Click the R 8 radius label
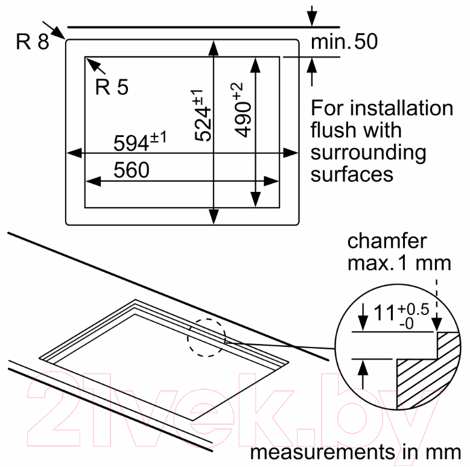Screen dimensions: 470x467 point(33,42)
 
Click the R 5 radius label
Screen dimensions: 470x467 point(112,87)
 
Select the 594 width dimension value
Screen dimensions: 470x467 point(131,143)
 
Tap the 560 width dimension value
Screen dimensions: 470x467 point(132,170)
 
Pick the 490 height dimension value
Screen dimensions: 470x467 point(243,119)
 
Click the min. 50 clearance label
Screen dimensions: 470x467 point(344,42)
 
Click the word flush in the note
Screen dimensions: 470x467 point(334,130)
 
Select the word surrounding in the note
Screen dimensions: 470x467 point(368,153)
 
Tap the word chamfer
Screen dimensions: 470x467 point(387,241)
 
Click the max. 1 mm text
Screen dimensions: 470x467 point(399,263)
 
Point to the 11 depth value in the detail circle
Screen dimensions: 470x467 point(384,313)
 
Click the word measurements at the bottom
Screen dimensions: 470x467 point(323,453)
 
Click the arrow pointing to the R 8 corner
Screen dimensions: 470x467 point(54,30)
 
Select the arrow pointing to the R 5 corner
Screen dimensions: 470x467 point(96,66)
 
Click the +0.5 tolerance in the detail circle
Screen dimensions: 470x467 point(414,310)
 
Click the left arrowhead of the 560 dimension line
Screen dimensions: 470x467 point(94,181)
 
